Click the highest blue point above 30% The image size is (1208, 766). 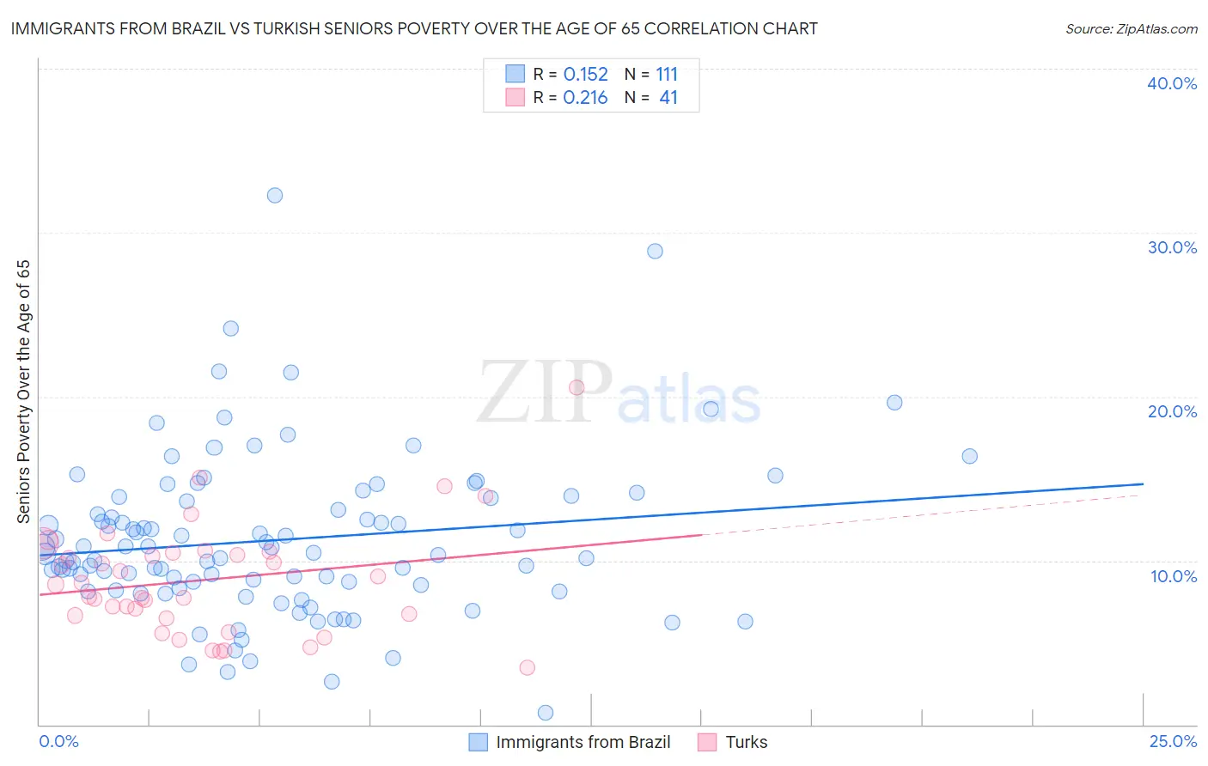tap(275, 195)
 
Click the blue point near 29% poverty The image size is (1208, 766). tap(655, 252)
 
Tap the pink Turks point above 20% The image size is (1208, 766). tap(577, 387)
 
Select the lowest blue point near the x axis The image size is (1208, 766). tap(546, 713)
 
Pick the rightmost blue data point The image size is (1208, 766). tap(970, 456)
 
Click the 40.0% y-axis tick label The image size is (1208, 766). tap(1172, 83)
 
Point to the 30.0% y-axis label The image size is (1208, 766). tap(1172, 247)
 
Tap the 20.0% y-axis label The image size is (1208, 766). tap(1172, 411)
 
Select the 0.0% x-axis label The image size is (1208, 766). tap(58, 742)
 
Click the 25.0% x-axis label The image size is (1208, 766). tap(1173, 742)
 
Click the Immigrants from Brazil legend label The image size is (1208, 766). tap(583, 742)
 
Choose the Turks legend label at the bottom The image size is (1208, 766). tap(747, 742)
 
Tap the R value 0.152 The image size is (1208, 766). tap(585, 75)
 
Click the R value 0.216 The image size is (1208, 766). tap(585, 98)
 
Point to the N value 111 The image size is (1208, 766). tap(667, 75)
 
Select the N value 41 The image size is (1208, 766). tap(668, 98)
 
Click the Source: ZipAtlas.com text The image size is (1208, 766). tap(1131, 29)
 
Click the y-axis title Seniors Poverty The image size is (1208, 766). tap(24, 392)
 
